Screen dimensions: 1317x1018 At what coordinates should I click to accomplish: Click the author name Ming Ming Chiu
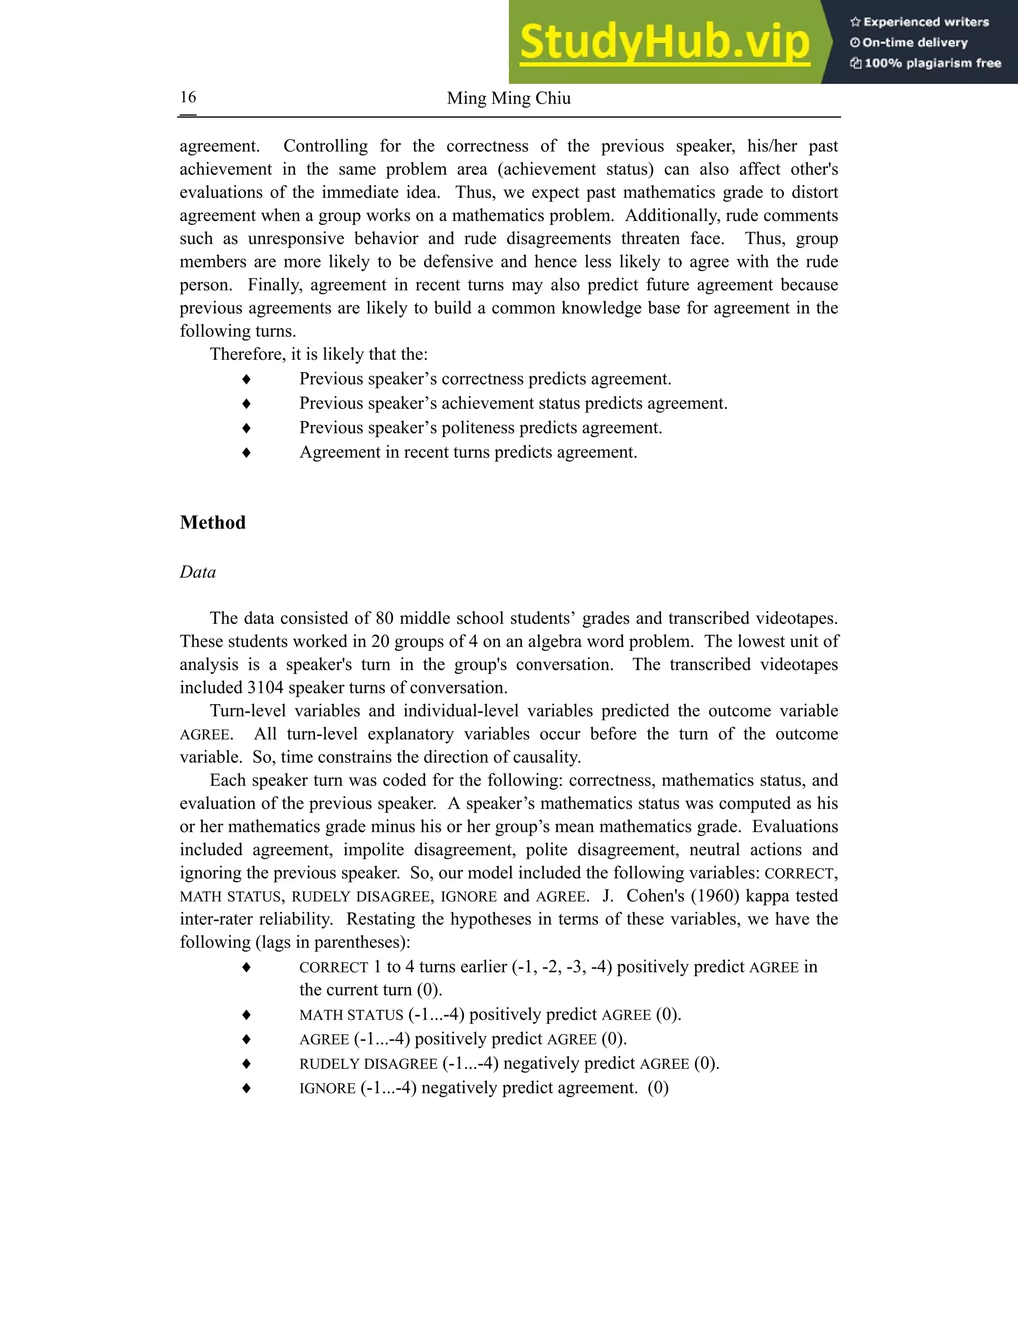tap(509, 98)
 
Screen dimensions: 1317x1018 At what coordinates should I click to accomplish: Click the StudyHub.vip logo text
tap(664, 43)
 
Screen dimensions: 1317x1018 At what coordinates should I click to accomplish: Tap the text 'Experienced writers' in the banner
tap(926, 22)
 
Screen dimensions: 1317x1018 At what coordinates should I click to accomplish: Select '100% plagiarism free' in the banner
tap(933, 63)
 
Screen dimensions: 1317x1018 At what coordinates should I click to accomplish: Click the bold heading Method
tap(212, 522)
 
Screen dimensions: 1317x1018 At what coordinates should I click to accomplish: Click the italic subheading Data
tap(197, 572)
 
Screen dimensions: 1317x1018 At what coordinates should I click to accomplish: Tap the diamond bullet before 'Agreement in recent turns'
tap(246, 452)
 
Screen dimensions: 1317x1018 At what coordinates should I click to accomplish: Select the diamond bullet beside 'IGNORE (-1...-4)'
tap(246, 1088)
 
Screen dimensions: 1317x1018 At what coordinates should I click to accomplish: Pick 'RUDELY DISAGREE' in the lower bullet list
tap(368, 1064)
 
